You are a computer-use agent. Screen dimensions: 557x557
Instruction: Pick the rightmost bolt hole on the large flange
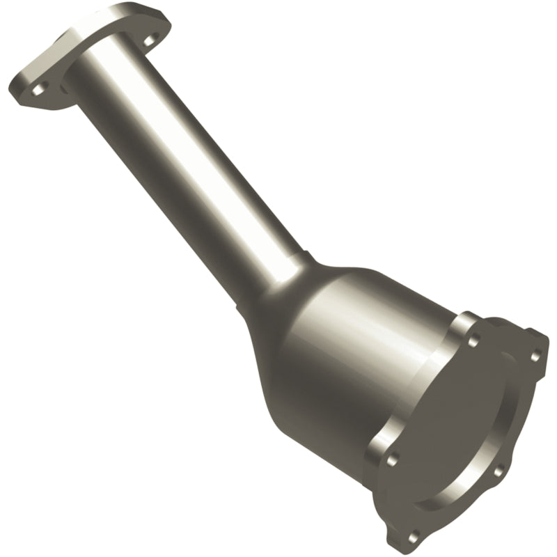[x=534, y=357]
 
